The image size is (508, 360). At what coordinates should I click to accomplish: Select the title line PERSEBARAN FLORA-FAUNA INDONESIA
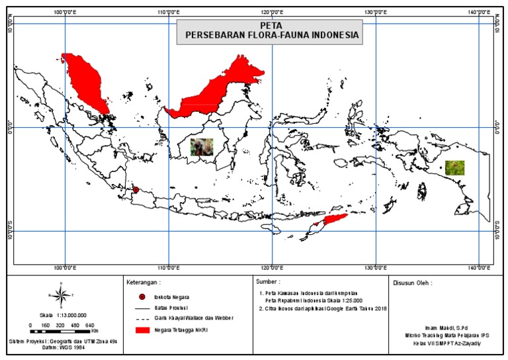pyautogui.click(x=269, y=36)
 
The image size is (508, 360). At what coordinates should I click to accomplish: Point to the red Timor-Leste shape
pyautogui.click(x=332, y=220)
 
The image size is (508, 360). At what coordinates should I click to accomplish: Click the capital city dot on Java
pyautogui.click(x=136, y=190)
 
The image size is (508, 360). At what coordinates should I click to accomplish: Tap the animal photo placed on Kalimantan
pyautogui.click(x=202, y=146)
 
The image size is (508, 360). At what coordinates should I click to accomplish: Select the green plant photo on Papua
pyautogui.click(x=454, y=167)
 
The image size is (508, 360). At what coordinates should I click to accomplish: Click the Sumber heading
pyautogui.click(x=268, y=282)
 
